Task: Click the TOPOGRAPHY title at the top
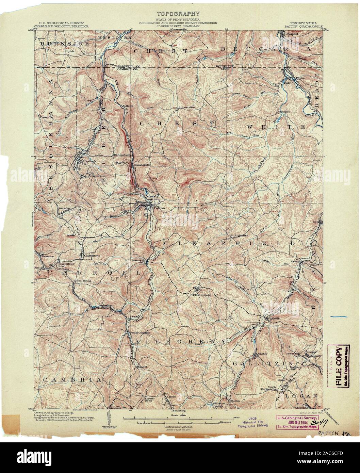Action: coord(178,14)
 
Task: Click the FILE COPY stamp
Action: coord(339,365)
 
